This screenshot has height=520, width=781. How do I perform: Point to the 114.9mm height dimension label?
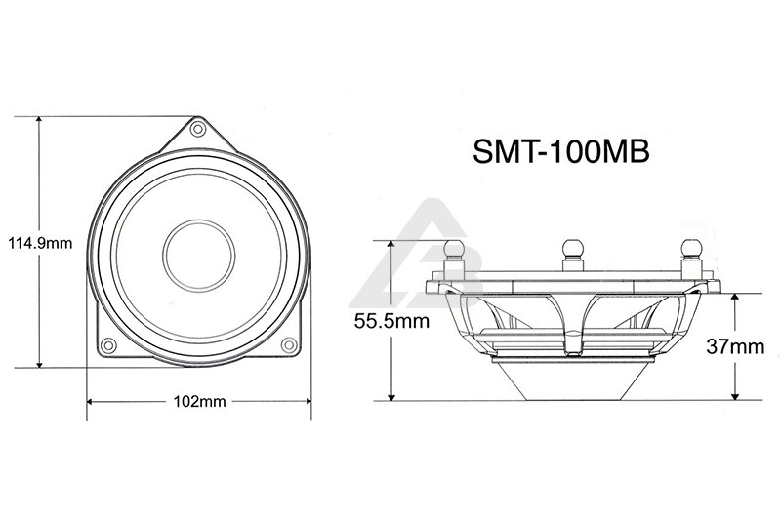[40, 243]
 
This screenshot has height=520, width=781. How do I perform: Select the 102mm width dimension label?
[199, 401]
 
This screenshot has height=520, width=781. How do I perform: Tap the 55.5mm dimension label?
[391, 321]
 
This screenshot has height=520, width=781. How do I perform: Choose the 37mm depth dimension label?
[735, 346]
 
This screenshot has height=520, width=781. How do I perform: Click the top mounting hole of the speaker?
[198, 130]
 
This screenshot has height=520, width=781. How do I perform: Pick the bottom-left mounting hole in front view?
[108, 344]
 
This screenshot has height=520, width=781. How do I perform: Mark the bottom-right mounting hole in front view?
[289, 344]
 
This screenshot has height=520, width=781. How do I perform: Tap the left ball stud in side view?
[454, 255]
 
